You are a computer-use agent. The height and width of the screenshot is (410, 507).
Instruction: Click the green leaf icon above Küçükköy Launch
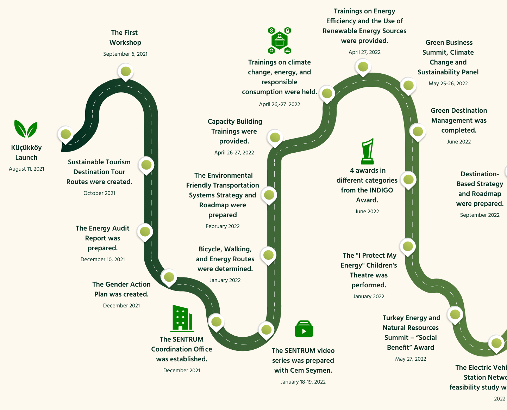point(26,129)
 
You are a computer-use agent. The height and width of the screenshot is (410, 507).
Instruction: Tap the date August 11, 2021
point(26,169)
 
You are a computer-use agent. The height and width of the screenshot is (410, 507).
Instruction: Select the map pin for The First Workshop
point(126,72)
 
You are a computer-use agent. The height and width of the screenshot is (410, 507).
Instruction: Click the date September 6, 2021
point(125,54)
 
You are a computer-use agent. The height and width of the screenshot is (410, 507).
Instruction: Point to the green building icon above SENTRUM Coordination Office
point(182,318)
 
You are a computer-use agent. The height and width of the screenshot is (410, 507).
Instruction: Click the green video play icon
point(304,329)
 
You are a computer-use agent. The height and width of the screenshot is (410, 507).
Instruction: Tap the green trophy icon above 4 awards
point(368,151)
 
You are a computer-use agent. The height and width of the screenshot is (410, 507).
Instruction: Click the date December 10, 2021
point(102,259)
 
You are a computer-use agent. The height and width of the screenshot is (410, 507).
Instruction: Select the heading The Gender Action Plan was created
point(121,289)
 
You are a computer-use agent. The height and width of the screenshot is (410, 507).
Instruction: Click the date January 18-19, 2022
point(303,382)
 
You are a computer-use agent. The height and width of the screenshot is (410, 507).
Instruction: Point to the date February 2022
point(223,226)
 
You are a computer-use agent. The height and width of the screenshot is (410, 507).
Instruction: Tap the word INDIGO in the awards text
point(381,190)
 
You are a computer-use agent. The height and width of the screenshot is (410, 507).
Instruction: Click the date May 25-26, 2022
point(448,84)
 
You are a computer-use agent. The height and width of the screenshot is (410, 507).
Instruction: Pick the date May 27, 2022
point(411,359)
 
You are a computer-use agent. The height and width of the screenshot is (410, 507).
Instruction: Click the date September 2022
point(480,215)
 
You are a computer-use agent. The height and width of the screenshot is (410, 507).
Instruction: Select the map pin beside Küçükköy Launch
point(66,134)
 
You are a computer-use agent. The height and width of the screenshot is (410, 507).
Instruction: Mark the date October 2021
point(99,193)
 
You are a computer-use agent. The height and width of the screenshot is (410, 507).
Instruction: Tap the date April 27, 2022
point(364,52)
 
